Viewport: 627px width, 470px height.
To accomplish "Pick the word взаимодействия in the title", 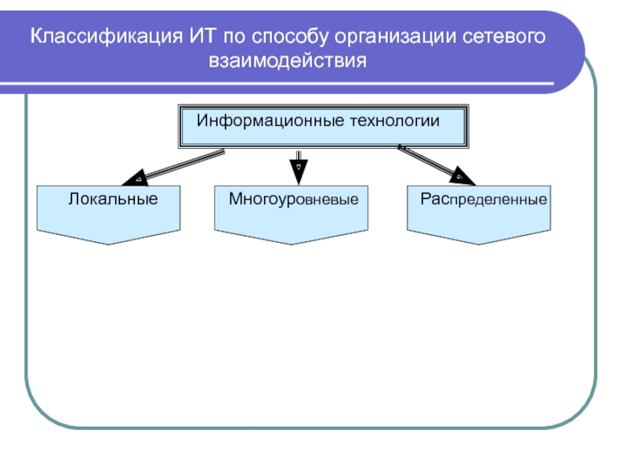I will [x=288, y=60].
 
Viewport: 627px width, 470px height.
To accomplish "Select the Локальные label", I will [x=113, y=199].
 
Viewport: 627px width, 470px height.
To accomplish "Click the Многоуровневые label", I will [x=293, y=199].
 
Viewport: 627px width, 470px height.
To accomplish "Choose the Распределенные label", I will [x=483, y=199].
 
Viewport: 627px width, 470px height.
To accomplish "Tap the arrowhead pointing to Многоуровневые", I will [x=299, y=169].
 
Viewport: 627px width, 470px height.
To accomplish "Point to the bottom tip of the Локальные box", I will [x=108, y=244].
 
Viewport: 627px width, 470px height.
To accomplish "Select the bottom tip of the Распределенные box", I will [x=478, y=244].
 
